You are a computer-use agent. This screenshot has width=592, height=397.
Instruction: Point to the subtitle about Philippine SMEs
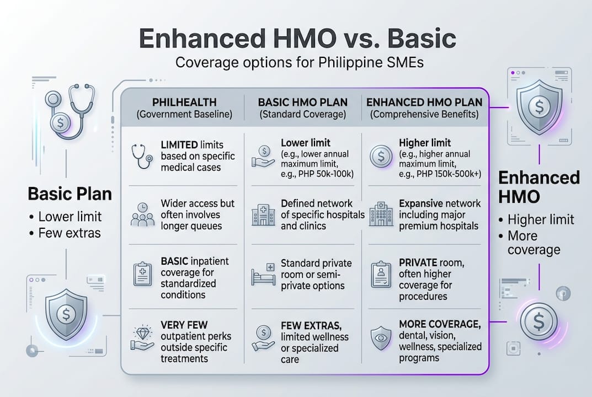(x=299, y=62)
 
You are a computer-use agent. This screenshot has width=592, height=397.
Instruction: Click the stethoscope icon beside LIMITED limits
(x=142, y=156)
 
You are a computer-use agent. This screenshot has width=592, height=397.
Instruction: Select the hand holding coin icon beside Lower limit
(x=263, y=156)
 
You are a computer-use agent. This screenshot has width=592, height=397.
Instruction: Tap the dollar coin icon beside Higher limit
(x=381, y=157)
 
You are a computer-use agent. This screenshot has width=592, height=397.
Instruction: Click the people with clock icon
(x=142, y=214)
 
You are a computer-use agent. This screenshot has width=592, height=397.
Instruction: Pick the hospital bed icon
(x=263, y=274)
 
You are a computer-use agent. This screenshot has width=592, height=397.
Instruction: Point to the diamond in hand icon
(x=142, y=337)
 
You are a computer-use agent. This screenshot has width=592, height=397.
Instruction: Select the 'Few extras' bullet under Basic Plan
(x=70, y=233)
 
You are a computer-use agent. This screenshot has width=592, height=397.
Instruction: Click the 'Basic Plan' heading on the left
(x=70, y=194)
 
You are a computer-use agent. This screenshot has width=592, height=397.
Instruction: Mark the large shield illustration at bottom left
(x=66, y=312)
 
